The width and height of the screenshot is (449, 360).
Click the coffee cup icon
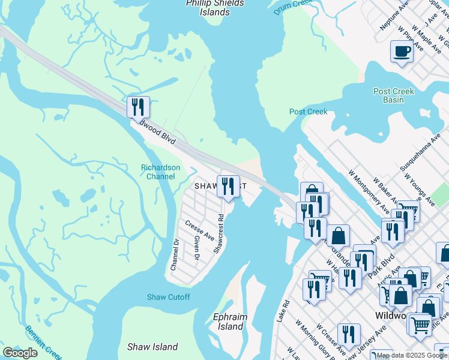click(402, 51)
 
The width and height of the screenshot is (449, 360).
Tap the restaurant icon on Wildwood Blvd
click(138, 107)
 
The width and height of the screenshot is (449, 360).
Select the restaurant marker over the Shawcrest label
click(228, 186)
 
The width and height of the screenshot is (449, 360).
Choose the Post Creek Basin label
click(394, 95)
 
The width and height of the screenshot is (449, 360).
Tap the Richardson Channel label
click(160, 172)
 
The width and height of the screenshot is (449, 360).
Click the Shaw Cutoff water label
click(168, 297)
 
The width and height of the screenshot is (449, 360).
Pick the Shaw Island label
click(152, 347)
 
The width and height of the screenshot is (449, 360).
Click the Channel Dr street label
click(175, 255)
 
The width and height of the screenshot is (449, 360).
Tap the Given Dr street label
click(196, 248)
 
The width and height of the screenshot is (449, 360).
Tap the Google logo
click(20, 352)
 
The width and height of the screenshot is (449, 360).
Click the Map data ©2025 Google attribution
click(412, 355)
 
